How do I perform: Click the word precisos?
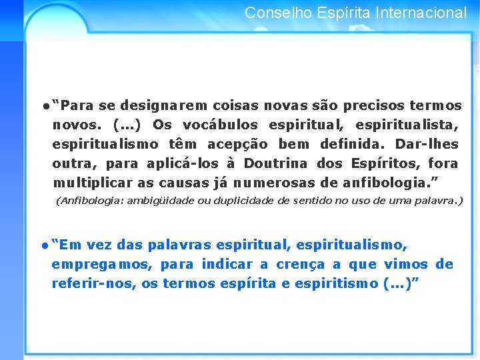pyautogui.click(x=369, y=106)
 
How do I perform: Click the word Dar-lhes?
pyautogui.click(x=427, y=144)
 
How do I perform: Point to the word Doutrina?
pyautogui.click(x=276, y=163)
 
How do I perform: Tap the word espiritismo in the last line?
pyautogui.click(x=338, y=284)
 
